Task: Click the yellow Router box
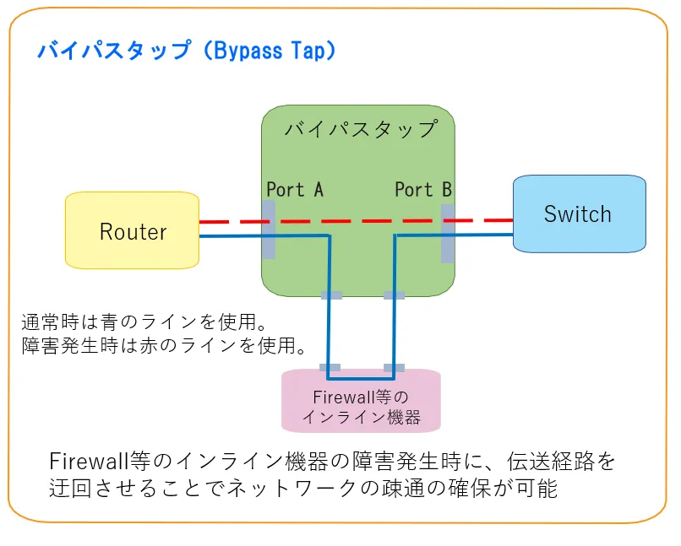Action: pyautogui.click(x=132, y=230)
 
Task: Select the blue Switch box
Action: pyautogui.click(x=580, y=214)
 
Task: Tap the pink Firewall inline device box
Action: pyautogui.click(x=361, y=400)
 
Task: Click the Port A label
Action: pyautogui.click(x=295, y=190)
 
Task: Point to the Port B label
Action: pyautogui.click(x=423, y=190)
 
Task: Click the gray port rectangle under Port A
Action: pyautogui.click(x=269, y=230)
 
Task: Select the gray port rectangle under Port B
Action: pyautogui.click(x=448, y=233)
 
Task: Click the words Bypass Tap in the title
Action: pyautogui.click(x=270, y=51)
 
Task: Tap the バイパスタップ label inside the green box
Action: pyautogui.click(x=361, y=129)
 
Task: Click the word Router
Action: pyautogui.click(x=133, y=231)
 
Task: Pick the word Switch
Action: pyautogui.click(x=578, y=214)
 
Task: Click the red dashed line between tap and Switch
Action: pyautogui.click(x=484, y=221)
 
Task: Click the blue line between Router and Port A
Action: pyautogui.click(x=231, y=236)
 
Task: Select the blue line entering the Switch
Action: pyautogui.click(x=484, y=235)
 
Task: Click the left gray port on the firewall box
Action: pyautogui.click(x=330, y=368)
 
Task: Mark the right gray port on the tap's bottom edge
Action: pyautogui.click(x=394, y=295)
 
